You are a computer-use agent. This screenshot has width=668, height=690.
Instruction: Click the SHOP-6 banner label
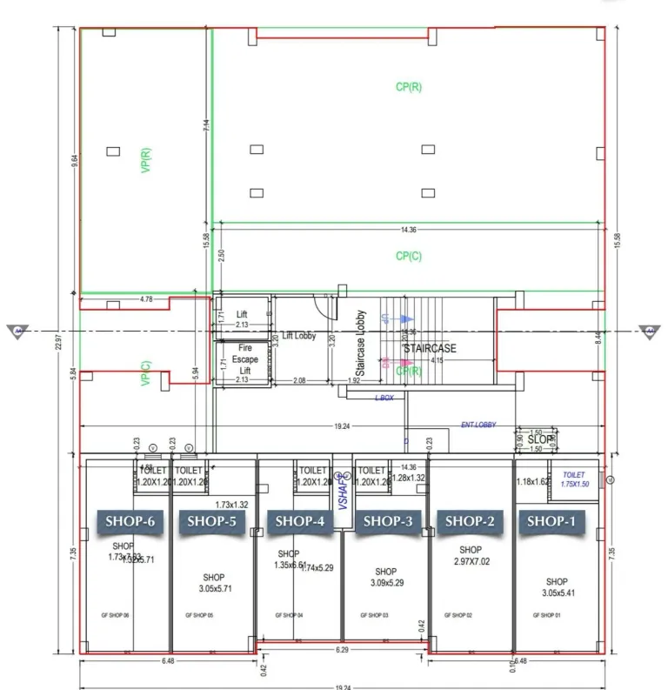tap(130, 521)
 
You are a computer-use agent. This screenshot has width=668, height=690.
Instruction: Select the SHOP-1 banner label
tap(551, 521)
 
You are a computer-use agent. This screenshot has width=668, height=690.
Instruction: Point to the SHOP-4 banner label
tap(299, 521)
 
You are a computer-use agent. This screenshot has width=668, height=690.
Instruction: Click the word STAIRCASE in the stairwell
tap(429, 348)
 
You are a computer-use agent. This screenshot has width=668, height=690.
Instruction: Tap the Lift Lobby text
tap(298, 336)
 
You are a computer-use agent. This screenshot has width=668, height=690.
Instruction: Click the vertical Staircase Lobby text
tap(360, 345)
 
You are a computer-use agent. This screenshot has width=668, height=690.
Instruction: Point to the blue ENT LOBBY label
tap(478, 425)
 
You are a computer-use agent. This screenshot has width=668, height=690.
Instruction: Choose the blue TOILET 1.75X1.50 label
tap(574, 479)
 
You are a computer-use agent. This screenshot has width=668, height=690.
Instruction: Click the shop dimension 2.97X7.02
tap(471, 562)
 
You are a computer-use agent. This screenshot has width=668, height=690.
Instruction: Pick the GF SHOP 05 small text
tap(199, 615)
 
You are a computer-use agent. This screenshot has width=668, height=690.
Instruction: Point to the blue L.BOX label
tap(384, 397)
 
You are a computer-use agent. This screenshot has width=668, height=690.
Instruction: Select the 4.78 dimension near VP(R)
tap(145, 299)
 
